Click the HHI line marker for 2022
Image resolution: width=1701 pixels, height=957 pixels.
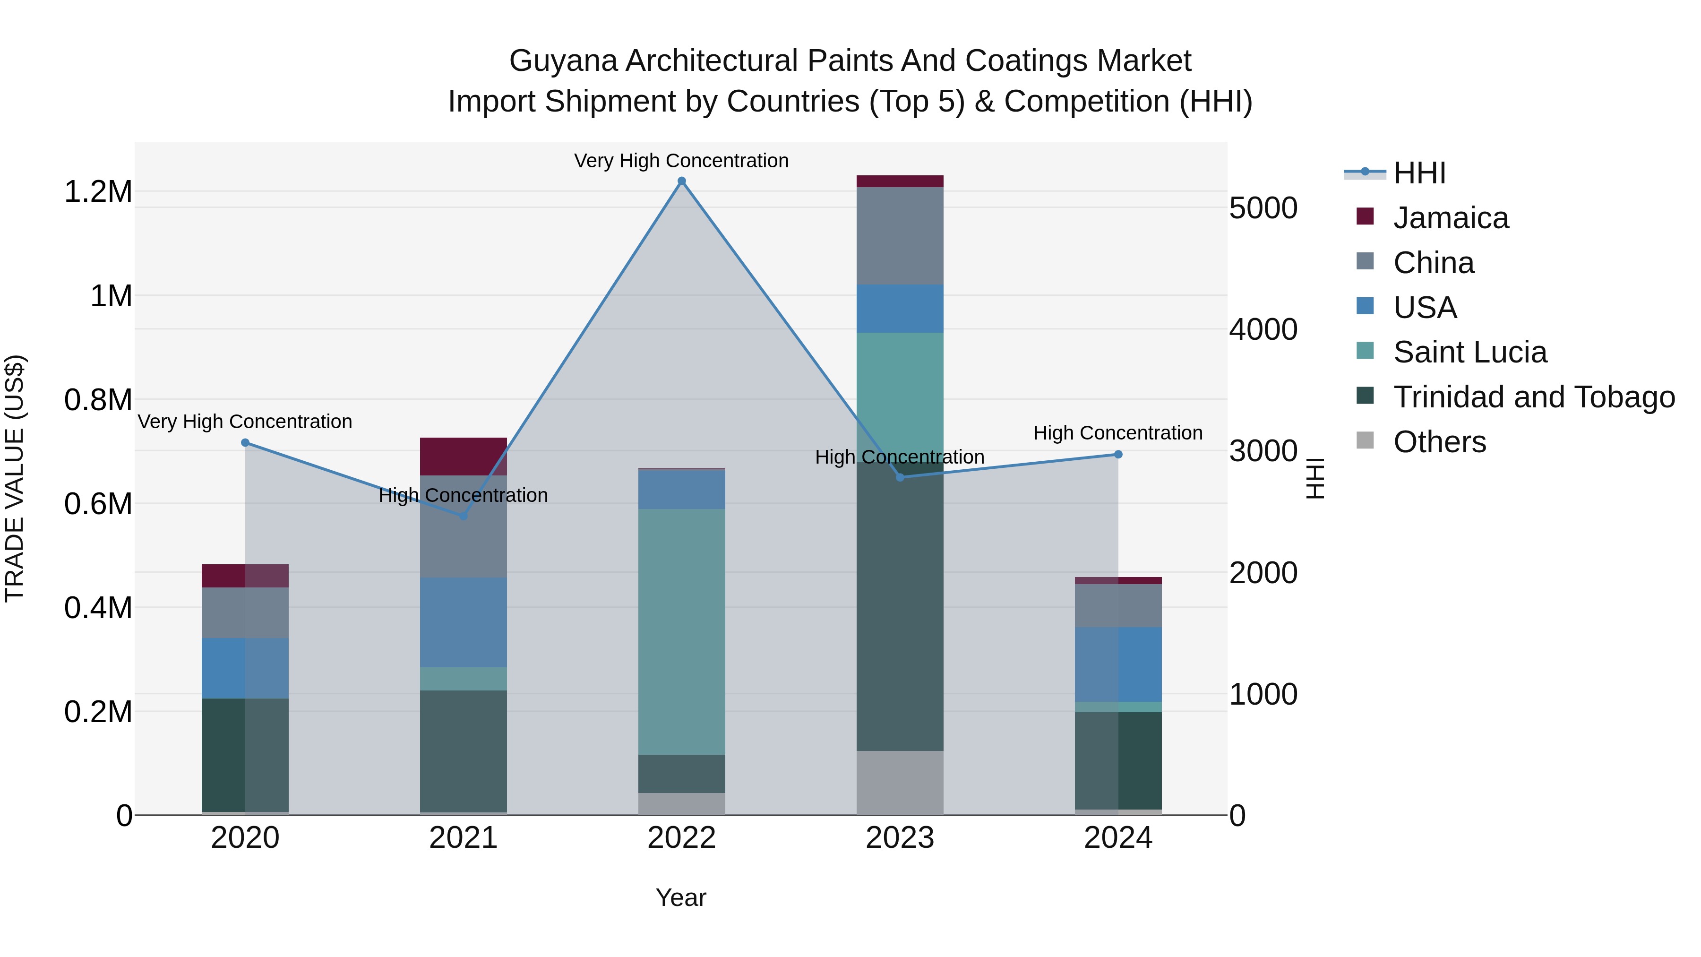coord(681,181)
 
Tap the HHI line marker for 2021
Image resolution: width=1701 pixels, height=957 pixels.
coord(463,516)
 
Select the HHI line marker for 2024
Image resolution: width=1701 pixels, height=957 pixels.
coord(1118,454)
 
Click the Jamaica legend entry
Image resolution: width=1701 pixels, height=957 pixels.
coord(1450,218)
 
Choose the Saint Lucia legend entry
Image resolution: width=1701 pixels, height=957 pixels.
coord(1469,352)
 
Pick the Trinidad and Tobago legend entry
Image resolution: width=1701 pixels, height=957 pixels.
coord(1533,397)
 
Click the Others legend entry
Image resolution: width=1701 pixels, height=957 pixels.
coord(1439,442)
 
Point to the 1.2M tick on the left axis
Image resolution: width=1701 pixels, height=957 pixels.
coord(98,192)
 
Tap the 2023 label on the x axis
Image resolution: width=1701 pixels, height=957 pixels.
coord(899,838)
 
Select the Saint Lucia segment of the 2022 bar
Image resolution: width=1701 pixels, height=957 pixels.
coord(681,631)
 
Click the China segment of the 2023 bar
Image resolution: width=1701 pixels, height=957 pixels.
coord(899,236)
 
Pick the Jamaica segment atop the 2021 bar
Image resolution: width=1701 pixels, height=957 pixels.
coord(463,457)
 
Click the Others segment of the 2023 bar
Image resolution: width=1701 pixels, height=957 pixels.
coord(899,783)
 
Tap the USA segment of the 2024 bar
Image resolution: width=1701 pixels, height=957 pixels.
coord(1118,664)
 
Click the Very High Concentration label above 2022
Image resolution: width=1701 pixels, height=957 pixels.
coord(681,161)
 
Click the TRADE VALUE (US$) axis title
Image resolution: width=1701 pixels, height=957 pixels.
coord(15,478)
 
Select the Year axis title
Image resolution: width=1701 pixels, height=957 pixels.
coord(681,897)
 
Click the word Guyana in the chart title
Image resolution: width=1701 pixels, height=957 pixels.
coord(563,61)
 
